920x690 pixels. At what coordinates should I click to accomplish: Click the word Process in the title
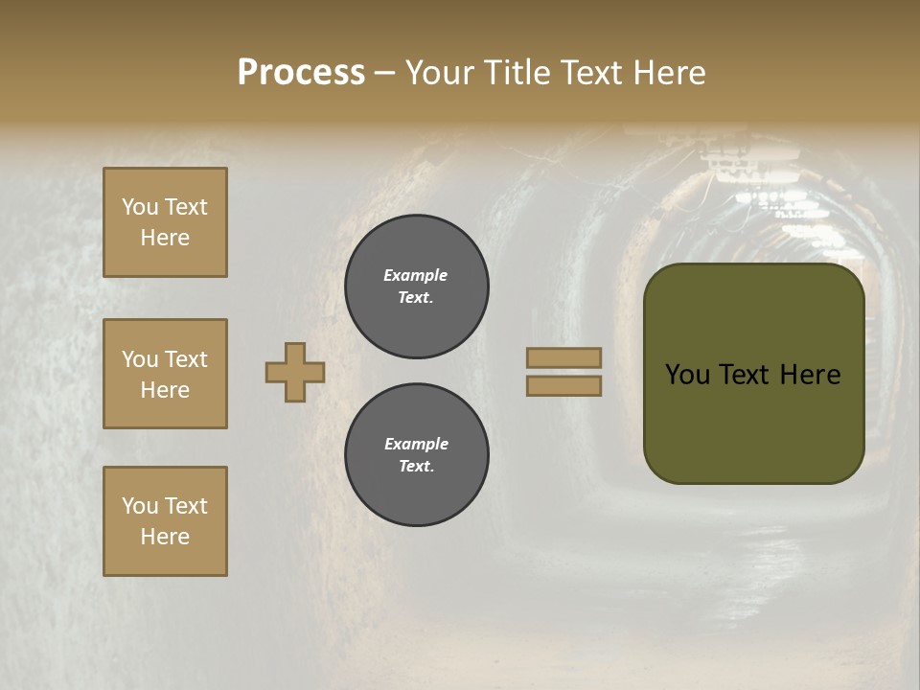tap(301, 73)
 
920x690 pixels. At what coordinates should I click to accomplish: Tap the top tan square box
tap(165, 222)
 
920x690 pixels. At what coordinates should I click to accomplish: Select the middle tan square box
tap(165, 374)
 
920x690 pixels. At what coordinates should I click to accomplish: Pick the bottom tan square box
tap(165, 521)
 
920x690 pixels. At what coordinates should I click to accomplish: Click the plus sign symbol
tap(295, 372)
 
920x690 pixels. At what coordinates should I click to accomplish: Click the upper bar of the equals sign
tap(564, 357)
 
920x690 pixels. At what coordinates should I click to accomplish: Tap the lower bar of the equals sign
tap(564, 386)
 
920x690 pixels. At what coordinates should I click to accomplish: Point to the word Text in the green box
tap(748, 375)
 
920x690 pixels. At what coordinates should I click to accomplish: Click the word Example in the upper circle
tap(415, 275)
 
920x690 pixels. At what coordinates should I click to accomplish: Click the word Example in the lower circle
tap(416, 444)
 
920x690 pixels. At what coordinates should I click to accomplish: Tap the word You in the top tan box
tap(140, 207)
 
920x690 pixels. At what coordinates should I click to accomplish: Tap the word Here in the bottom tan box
tap(165, 537)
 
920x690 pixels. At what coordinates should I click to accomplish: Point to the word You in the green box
tap(687, 375)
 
